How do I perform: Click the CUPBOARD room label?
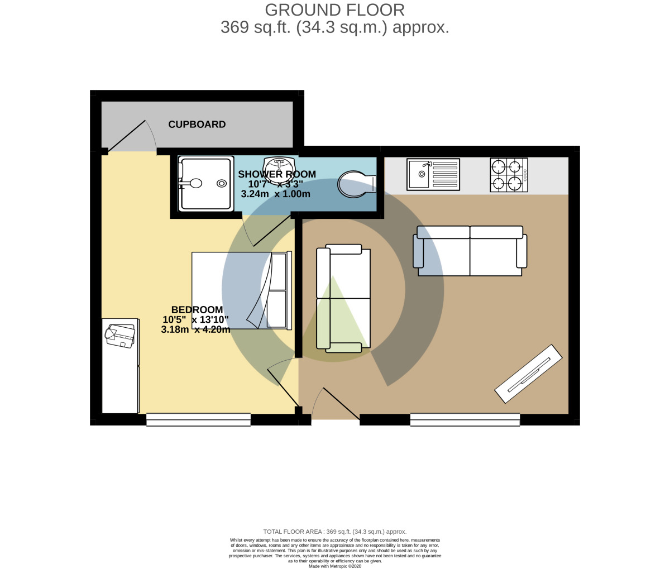pyautogui.click(x=197, y=125)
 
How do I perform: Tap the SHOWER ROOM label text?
pyautogui.click(x=277, y=174)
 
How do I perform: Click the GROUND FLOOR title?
pyautogui.click(x=334, y=10)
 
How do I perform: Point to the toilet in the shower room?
pyautogui.click(x=357, y=184)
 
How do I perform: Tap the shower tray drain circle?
pyautogui.click(x=222, y=183)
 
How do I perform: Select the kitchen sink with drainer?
pyautogui.click(x=433, y=173)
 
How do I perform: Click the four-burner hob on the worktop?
pyautogui.click(x=509, y=175)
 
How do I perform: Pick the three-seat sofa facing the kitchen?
pyautogui.click(x=470, y=251)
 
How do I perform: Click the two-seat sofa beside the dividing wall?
pyautogui.click(x=343, y=299)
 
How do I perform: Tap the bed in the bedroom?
pyautogui.click(x=241, y=290)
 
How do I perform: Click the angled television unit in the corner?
pyautogui.click(x=528, y=373)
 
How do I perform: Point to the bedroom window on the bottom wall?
pyautogui.click(x=198, y=420)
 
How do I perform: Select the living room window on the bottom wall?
pyautogui.click(x=465, y=420)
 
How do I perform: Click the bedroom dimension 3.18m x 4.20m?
pyautogui.click(x=195, y=330)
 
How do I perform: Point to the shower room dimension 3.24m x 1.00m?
pyautogui.click(x=275, y=194)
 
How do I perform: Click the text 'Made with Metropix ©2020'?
pyautogui.click(x=334, y=566)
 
